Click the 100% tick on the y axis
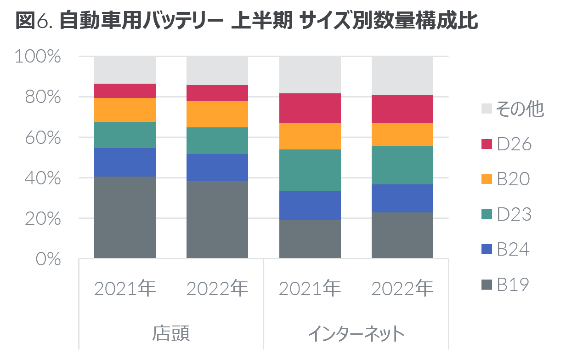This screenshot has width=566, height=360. tap(38, 56)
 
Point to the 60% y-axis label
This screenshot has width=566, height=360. tap(43, 138)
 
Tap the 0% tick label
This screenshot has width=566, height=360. tap(48, 259)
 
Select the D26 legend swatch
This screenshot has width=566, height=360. tap(487, 144)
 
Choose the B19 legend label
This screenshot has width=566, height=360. tap(513, 285)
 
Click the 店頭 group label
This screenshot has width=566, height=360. tap(171, 333)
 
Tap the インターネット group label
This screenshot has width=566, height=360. tap(357, 333)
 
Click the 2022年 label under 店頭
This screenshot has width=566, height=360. tap(217, 288)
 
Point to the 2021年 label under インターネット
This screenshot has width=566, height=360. tap(310, 288)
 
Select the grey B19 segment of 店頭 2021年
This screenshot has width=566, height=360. tap(125, 217)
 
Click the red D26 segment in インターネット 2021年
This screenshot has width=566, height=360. tap(310, 108)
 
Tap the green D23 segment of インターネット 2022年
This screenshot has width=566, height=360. tap(402, 166)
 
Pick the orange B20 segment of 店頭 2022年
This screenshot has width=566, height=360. tap(217, 114)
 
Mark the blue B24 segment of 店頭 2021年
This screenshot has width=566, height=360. tap(125, 162)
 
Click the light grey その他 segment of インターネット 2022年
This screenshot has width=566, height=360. tap(402, 75)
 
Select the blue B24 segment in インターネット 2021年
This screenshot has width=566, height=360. tap(310, 206)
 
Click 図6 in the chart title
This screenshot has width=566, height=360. tap(34, 20)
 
